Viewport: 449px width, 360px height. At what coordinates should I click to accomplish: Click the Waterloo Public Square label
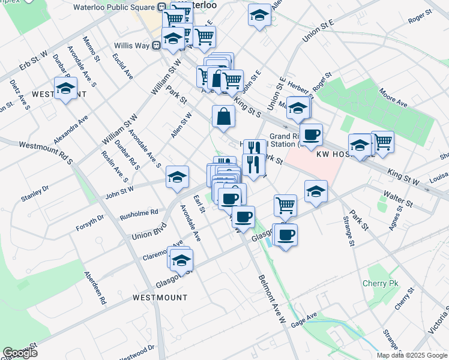pos(113,7)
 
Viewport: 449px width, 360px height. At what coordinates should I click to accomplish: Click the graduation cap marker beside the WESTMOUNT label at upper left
pos(65,89)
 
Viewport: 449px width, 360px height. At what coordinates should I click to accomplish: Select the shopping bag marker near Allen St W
pos(223,117)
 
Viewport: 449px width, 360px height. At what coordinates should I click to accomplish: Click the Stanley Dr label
pos(34,193)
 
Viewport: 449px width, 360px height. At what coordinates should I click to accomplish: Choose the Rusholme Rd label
pos(139,212)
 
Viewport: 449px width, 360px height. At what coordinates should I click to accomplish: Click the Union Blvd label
pos(148,230)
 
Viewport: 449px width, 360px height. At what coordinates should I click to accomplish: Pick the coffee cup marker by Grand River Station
pos(311,135)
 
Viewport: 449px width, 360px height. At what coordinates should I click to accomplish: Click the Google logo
pos(20,353)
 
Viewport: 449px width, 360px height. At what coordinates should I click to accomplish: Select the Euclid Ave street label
pos(122,65)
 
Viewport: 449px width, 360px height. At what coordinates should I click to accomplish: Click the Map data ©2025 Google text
pos(412,355)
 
